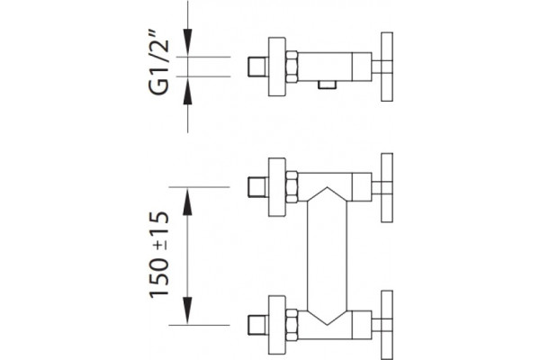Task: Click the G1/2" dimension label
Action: tap(159, 63)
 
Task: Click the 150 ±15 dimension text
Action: tap(159, 254)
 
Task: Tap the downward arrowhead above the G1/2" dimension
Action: tap(187, 42)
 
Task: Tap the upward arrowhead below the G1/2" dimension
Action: tap(187, 91)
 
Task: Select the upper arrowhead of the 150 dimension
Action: tap(187, 202)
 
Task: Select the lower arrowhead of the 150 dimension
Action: tap(187, 310)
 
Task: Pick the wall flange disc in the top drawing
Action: tap(277, 67)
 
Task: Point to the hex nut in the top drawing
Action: tap(292, 67)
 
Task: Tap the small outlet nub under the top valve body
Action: tap(328, 85)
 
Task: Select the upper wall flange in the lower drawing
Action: tap(277, 187)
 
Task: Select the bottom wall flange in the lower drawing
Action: tap(277, 325)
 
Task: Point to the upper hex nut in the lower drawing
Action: tap(292, 187)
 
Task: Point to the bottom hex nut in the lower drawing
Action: tap(292, 325)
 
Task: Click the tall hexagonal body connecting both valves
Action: tap(328, 256)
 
